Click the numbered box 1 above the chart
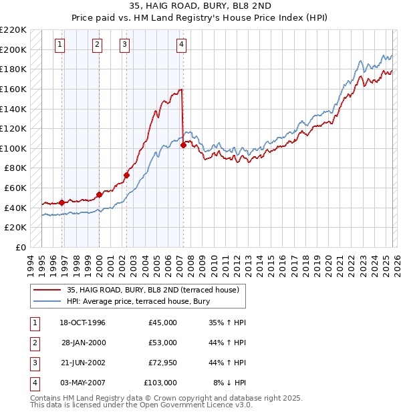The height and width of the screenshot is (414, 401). click(60, 45)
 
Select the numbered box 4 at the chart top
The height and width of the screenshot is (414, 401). click(181, 45)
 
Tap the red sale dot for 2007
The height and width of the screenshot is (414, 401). click(183, 146)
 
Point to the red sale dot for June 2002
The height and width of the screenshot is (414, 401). click(126, 175)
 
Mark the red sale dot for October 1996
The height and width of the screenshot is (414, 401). click(62, 202)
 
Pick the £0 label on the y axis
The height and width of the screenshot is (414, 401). click(21, 247)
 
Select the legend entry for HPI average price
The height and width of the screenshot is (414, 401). click(138, 301)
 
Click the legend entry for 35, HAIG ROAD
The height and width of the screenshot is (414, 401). click(156, 290)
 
